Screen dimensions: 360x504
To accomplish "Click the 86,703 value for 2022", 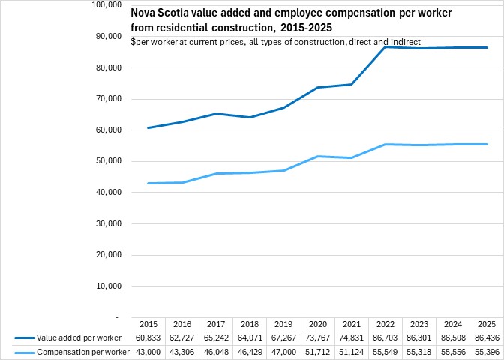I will (386, 339).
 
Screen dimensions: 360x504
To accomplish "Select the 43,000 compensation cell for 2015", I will (148, 352).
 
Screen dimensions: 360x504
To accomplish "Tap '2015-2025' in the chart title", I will (308, 27).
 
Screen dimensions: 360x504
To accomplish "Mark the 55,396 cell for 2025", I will (487, 352).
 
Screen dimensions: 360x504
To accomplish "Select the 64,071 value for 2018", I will (250, 339).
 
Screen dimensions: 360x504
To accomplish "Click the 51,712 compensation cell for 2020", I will (317, 352).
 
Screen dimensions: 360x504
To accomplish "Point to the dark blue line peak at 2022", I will (385, 47).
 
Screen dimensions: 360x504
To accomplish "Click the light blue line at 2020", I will (317, 156).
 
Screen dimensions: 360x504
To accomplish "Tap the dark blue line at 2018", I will (250, 118).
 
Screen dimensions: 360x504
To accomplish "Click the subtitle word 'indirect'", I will (406, 41).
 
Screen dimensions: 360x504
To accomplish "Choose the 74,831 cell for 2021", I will (352, 339).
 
